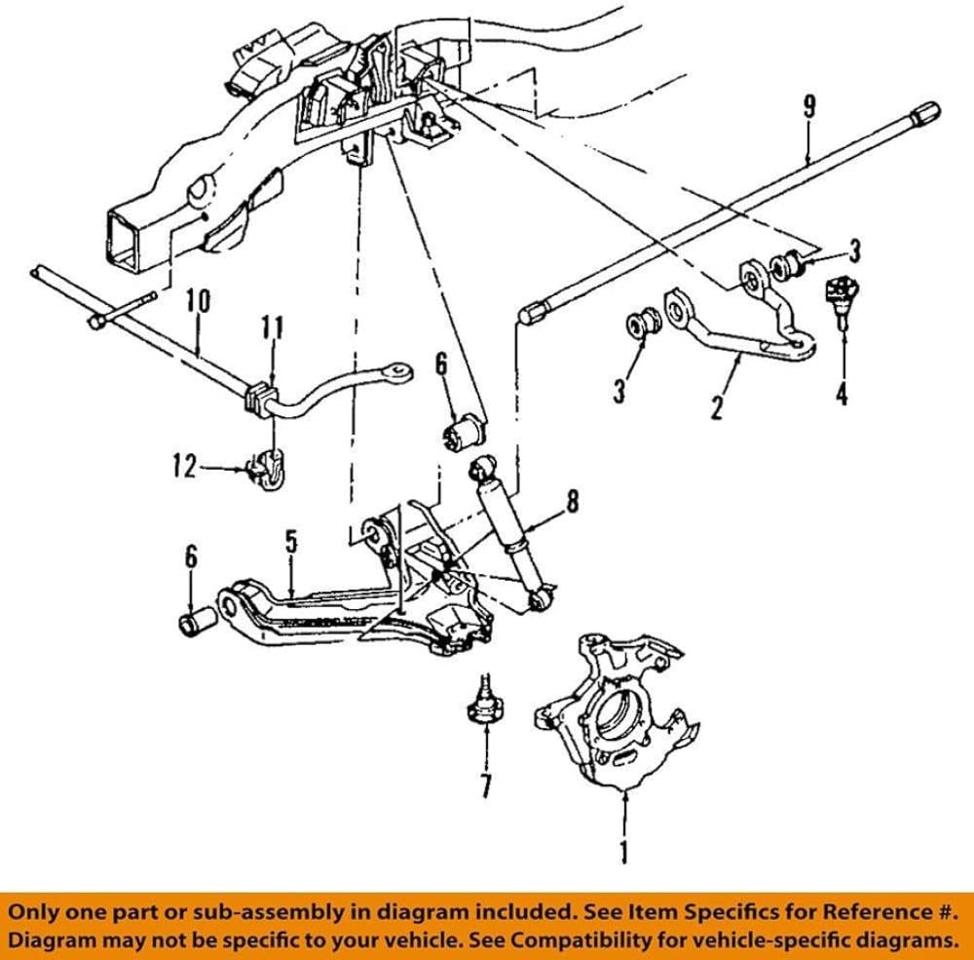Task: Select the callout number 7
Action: coord(485,784)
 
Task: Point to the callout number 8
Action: coord(572,502)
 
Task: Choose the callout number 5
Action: coord(290,543)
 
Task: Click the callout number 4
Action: coord(841,394)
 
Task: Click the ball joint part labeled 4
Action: coord(839,295)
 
